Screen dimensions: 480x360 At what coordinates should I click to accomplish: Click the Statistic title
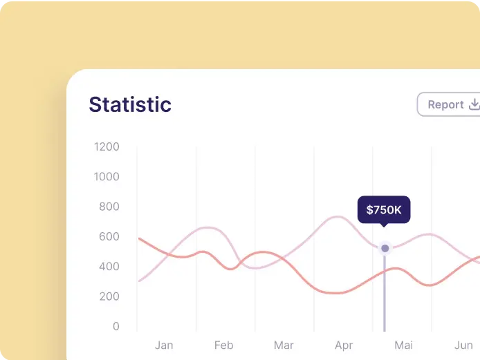click(x=130, y=104)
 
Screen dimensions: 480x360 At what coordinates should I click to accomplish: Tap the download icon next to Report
click(x=474, y=104)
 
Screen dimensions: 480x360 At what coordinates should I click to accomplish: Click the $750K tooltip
click(x=384, y=210)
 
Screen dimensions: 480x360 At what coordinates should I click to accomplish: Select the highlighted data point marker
click(x=385, y=248)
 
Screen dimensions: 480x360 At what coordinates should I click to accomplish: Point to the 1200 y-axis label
click(x=107, y=146)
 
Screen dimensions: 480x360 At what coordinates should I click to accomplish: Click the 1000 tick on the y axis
click(x=107, y=177)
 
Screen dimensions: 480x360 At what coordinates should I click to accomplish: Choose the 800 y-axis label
click(x=109, y=207)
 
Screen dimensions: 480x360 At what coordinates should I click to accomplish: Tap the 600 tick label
click(x=109, y=237)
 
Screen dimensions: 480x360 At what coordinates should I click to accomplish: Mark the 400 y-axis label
click(x=109, y=267)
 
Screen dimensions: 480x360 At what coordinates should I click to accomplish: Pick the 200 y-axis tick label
click(x=109, y=296)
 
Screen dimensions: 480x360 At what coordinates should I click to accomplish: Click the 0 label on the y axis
click(x=116, y=326)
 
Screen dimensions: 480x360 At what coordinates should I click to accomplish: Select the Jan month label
click(x=164, y=345)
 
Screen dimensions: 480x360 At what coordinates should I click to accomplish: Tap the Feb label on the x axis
click(x=224, y=345)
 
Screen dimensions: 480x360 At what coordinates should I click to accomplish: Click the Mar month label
click(x=284, y=345)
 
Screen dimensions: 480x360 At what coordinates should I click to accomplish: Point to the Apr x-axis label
click(x=344, y=345)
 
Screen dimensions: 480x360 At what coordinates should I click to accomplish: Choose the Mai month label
click(x=404, y=345)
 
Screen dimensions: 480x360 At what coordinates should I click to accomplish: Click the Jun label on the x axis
click(x=463, y=345)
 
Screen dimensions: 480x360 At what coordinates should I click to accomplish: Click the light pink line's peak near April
click(x=338, y=217)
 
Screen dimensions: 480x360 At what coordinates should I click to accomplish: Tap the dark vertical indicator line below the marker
click(x=385, y=293)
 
